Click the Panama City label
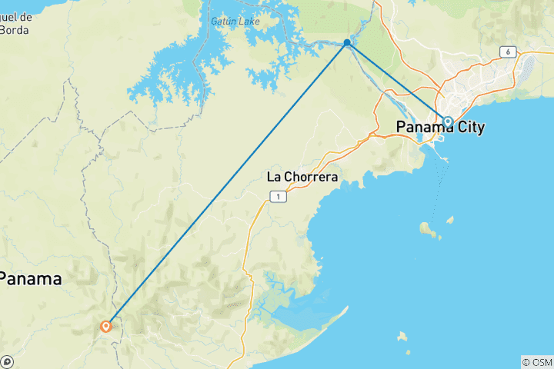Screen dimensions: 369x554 (x=440, y=128)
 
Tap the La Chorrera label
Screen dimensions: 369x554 (x=302, y=177)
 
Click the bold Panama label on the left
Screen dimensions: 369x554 (x=31, y=279)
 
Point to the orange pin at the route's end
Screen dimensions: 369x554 (x=106, y=326)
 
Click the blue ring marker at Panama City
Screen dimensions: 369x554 (x=448, y=121)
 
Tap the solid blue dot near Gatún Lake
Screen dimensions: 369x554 (x=348, y=43)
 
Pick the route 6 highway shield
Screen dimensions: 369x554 (x=507, y=52)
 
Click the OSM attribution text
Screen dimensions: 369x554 (x=538, y=362)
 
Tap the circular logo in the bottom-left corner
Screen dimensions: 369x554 (x=7, y=362)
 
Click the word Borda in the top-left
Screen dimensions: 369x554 (x=15, y=32)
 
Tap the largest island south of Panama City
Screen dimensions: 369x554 (x=426, y=228)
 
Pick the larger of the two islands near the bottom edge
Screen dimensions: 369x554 (x=401, y=336)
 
